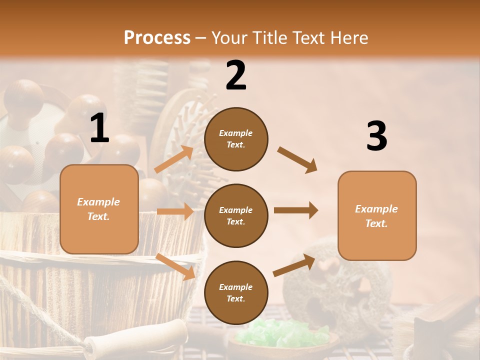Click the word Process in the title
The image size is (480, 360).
[157, 38]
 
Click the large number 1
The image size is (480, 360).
[99, 128]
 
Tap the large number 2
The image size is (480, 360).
[236, 75]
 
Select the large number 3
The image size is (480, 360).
[376, 136]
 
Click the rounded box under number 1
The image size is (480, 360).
[99, 209]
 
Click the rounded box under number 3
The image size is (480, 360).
[377, 216]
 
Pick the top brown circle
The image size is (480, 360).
[236, 139]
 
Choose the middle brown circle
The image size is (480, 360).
[236, 215]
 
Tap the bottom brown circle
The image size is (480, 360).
[236, 292]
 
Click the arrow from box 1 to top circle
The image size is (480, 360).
[174, 159]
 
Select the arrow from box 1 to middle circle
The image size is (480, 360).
[175, 211]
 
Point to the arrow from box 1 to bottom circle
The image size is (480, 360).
[175, 266]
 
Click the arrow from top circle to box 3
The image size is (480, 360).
[297, 160]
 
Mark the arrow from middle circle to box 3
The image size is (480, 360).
[295, 210]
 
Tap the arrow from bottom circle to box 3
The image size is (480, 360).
[294, 265]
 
